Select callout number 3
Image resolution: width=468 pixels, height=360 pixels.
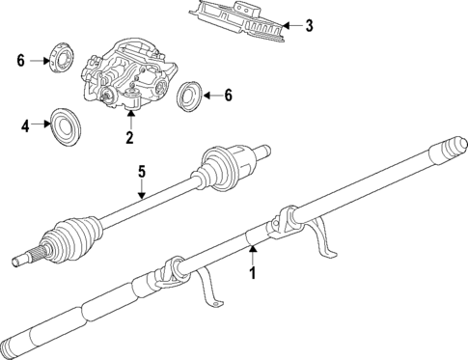click(x=309, y=26)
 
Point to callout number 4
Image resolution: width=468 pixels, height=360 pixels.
click(x=27, y=124)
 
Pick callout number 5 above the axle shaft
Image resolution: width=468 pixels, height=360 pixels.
click(x=141, y=172)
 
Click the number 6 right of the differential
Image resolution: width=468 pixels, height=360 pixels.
click(x=228, y=95)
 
